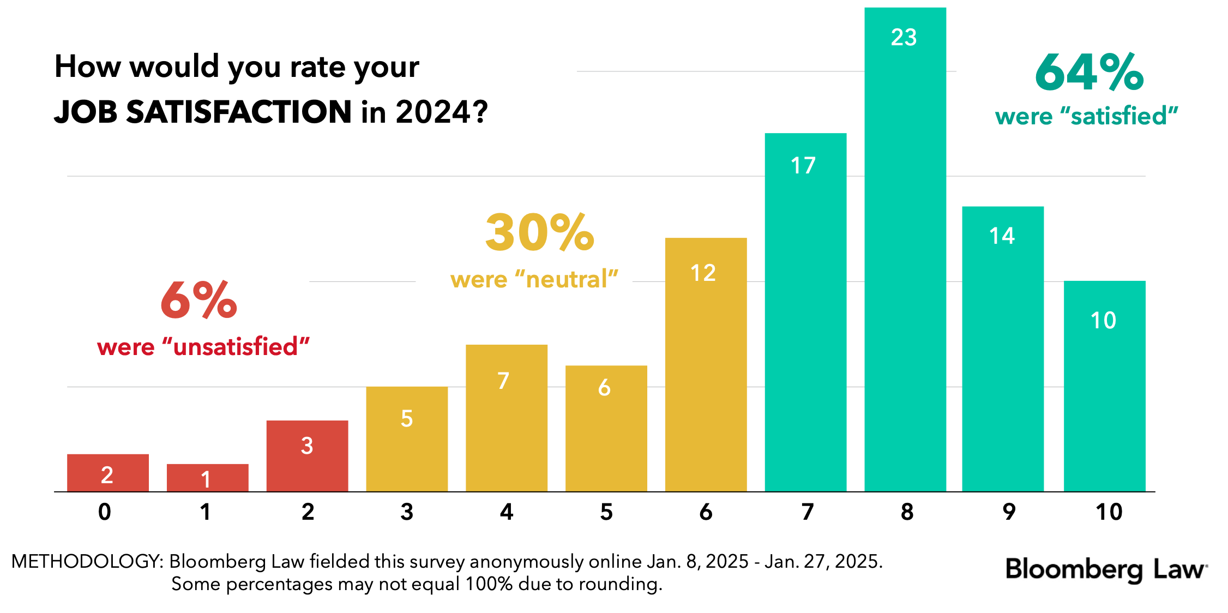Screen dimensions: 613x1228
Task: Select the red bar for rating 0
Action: (108, 473)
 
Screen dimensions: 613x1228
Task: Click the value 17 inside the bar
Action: (803, 166)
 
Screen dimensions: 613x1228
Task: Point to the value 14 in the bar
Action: (1002, 236)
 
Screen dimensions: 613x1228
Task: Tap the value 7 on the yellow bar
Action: (503, 381)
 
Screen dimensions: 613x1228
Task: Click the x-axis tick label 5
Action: (606, 512)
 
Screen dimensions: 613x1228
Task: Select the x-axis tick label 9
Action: (1009, 512)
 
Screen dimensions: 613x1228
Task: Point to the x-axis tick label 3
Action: (407, 512)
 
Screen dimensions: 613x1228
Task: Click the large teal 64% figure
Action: (1089, 72)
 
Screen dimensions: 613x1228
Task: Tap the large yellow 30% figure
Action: (539, 232)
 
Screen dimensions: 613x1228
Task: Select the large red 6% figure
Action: (199, 300)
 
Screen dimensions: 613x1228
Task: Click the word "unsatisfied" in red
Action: (236, 347)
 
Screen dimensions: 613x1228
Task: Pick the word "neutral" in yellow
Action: (567, 280)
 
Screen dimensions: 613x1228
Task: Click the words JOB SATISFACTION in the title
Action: (203, 112)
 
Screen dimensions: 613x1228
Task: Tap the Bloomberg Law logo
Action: (1106, 569)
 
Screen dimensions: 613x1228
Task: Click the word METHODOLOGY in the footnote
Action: (87, 561)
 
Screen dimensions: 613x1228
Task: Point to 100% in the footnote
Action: (489, 584)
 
